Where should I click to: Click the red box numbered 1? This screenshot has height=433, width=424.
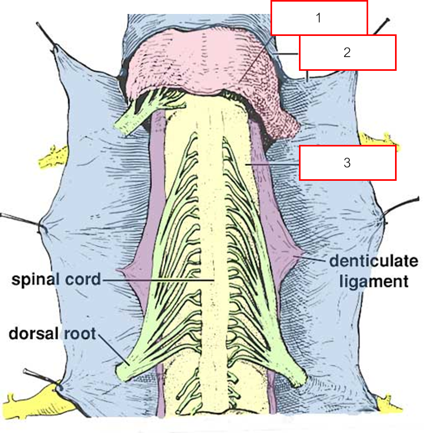319,18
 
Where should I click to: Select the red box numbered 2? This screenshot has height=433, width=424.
347,53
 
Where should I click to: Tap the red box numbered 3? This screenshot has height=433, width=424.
347,163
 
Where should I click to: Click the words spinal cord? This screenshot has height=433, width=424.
55,280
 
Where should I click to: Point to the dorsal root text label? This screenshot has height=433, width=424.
52,334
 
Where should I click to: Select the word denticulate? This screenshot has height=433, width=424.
373,262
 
